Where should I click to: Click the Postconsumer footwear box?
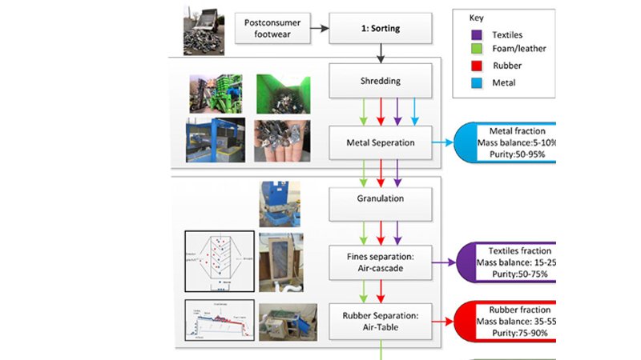tap(272, 29)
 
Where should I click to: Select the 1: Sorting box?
tap(381, 29)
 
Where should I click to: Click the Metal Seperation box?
tap(381, 142)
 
